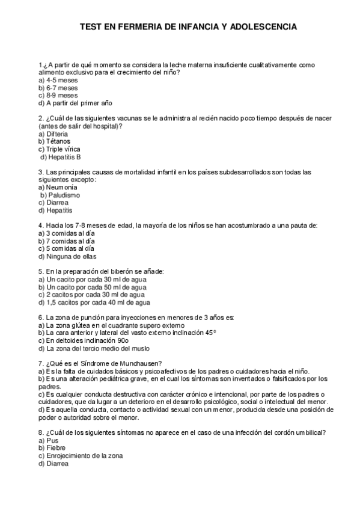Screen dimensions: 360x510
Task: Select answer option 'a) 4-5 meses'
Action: (x=57, y=80)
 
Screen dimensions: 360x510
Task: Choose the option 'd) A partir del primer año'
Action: (x=75, y=103)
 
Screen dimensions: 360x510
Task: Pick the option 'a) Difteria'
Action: (x=53, y=134)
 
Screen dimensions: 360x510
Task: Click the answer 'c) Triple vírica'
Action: (x=59, y=149)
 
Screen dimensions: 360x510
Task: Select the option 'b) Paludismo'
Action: (x=59, y=195)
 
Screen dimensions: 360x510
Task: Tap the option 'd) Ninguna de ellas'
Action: (x=67, y=256)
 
